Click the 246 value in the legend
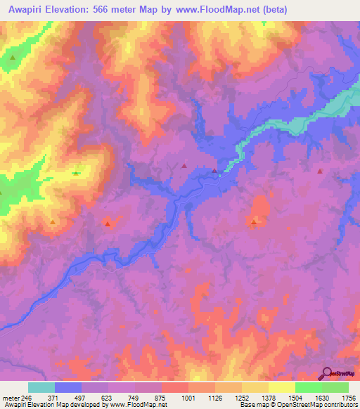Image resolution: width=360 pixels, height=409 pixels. click(x=27, y=397)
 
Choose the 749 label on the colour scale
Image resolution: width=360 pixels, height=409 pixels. click(x=136, y=397)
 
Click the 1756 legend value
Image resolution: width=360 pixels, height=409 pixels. click(x=348, y=397)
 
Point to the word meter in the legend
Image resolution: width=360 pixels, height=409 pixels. click(x=10, y=397)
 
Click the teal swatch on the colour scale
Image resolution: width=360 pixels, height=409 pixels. click(x=41, y=387)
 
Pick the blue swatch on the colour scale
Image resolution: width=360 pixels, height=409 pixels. click(x=68, y=387)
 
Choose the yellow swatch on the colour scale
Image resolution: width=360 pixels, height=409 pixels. click(x=281, y=387)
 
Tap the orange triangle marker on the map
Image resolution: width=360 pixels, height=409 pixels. click(x=53, y=223)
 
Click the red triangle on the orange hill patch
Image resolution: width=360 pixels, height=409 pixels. click(x=254, y=222)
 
